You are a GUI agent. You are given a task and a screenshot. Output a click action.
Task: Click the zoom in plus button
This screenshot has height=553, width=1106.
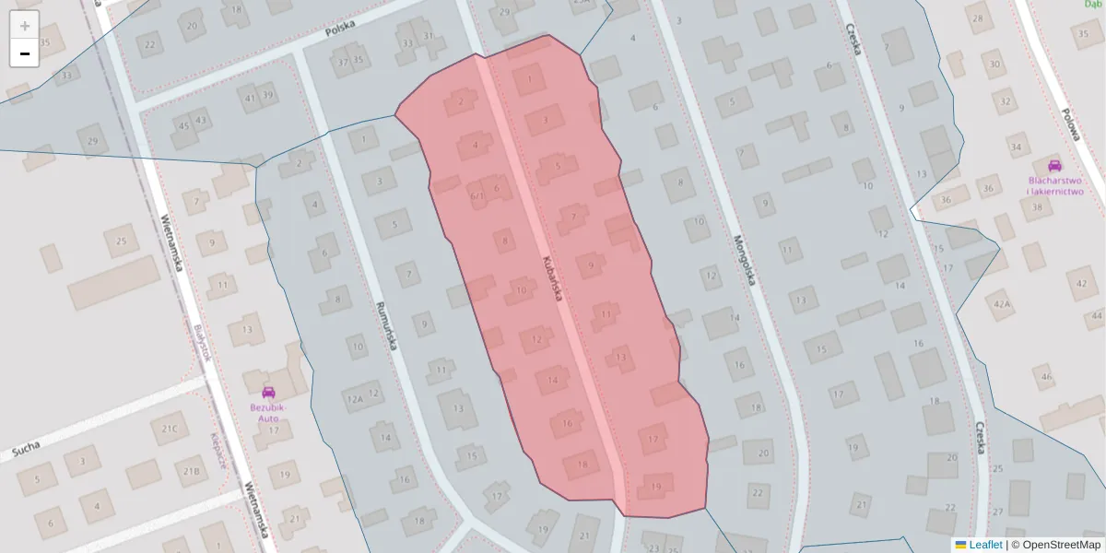point(25,26)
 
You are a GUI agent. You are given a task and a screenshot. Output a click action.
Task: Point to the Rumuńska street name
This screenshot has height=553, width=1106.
point(385,326)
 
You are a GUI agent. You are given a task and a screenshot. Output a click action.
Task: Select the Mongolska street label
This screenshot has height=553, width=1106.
point(744,259)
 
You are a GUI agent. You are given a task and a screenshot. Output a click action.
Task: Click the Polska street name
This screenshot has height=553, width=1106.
point(340,29)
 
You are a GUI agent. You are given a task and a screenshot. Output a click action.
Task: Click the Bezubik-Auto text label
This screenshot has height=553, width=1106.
point(268,412)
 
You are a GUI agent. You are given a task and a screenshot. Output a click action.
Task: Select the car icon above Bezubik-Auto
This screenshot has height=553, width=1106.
point(268,393)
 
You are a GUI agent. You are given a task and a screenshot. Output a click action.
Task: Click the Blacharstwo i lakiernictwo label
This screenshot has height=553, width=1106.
point(1055,186)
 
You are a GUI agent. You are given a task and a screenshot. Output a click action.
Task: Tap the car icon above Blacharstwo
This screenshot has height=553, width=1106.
point(1054,166)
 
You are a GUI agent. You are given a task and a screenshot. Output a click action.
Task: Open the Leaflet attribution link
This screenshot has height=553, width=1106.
point(985,545)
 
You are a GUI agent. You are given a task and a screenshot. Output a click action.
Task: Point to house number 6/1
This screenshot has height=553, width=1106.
point(477,195)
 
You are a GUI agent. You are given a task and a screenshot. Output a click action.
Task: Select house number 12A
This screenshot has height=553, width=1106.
point(354,399)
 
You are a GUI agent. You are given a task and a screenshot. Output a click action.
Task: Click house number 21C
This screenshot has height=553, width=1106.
point(169,429)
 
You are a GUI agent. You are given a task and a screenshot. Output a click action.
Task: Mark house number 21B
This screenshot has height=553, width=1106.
point(191,472)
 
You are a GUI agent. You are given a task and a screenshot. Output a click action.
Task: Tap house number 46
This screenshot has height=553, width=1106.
point(1045,376)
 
